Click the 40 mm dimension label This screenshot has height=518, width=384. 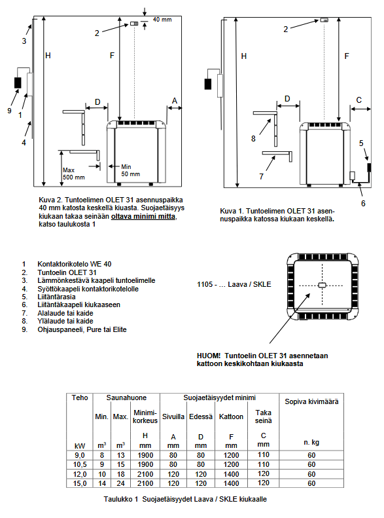tap(162, 20)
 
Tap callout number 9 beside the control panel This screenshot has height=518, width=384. tap(9, 111)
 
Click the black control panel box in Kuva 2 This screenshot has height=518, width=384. tap(18, 83)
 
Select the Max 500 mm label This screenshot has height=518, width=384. tap(73, 174)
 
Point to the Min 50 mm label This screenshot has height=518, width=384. tap(130, 170)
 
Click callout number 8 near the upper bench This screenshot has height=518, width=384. tap(253, 138)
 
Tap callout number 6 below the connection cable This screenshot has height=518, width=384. tap(363, 203)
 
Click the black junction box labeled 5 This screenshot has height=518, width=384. tap(369, 168)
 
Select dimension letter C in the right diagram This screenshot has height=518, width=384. tap(359, 100)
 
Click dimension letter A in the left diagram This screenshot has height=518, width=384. tap(175, 100)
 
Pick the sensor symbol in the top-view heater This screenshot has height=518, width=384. tap(322, 285)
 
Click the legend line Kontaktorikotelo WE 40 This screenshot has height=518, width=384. tap(74, 264)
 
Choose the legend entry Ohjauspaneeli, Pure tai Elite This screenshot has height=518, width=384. tap(82, 329)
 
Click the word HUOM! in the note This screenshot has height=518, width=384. tap(209, 356)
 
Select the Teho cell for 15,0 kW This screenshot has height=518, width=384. tap(80, 483)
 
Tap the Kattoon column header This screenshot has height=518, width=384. tap(231, 416)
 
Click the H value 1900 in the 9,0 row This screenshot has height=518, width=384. tap(145, 455)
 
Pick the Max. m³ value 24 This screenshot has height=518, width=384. tap(121, 483)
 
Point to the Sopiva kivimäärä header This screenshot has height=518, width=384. tap(311, 401)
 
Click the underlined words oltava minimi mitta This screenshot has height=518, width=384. tap(143, 216)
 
